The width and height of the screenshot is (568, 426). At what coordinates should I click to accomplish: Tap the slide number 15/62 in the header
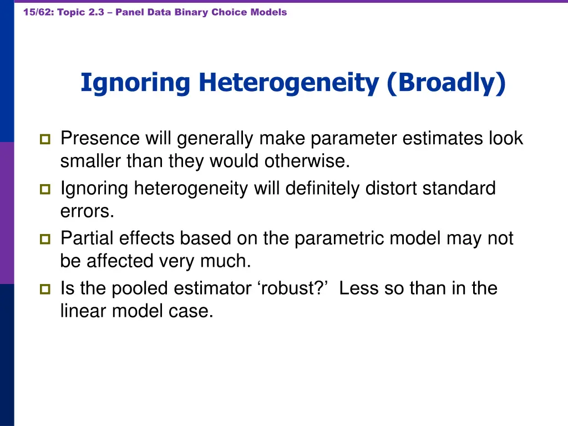[37, 12]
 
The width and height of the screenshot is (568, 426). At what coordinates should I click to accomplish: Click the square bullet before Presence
[45, 139]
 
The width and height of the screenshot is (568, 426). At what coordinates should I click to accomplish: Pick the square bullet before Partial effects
[45, 240]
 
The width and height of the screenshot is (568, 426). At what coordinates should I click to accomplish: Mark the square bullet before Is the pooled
[45, 289]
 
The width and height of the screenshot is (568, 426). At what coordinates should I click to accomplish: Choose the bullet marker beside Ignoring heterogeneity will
[45, 190]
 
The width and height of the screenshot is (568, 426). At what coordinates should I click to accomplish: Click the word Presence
[100, 138]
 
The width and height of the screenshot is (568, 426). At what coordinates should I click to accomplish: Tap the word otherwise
[307, 161]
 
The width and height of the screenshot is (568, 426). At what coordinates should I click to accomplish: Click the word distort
[392, 189]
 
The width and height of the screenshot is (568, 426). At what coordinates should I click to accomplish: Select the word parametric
[338, 239]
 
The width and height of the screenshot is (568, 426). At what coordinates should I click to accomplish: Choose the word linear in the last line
[84, 311]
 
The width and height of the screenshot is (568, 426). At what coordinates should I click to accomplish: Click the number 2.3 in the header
[95, 12]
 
